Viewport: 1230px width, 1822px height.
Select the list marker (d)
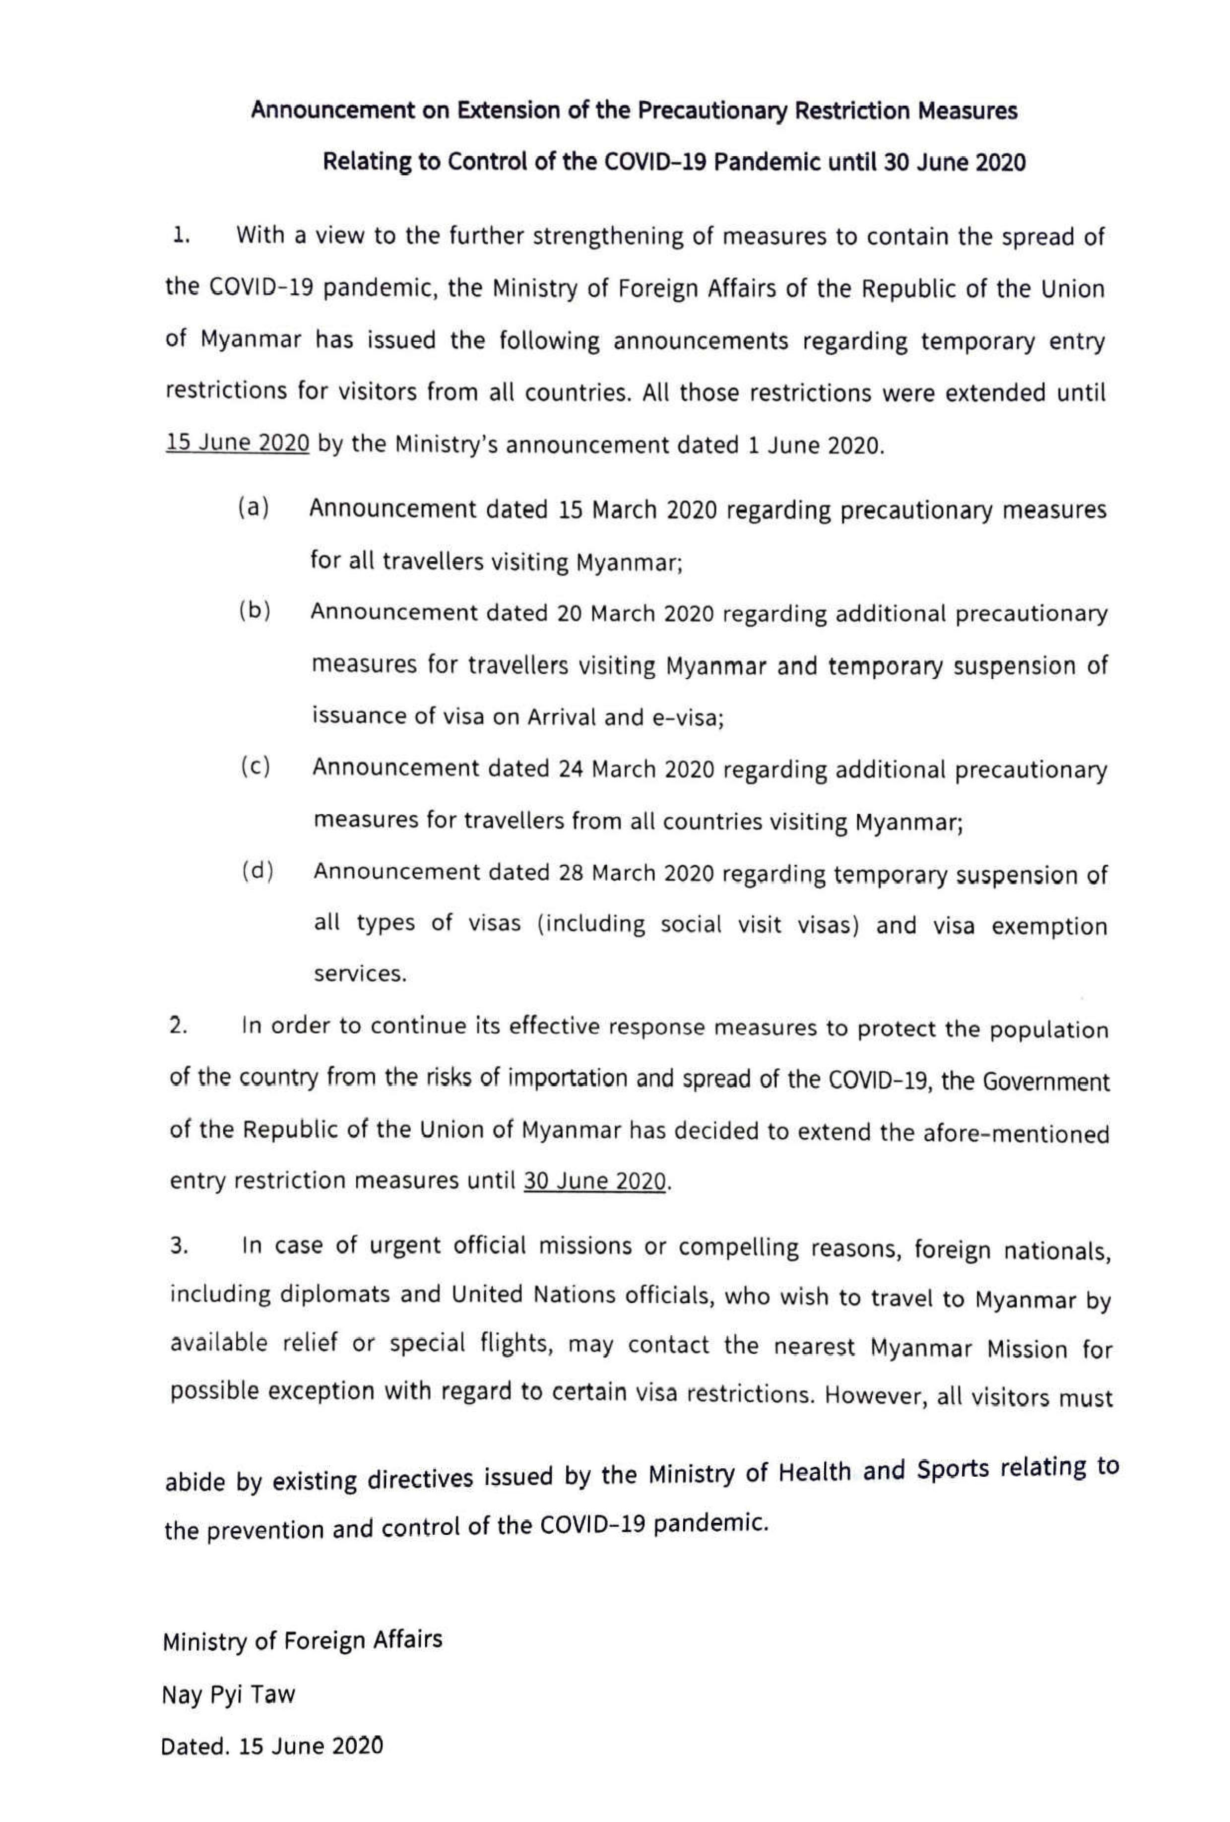(257, 871)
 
